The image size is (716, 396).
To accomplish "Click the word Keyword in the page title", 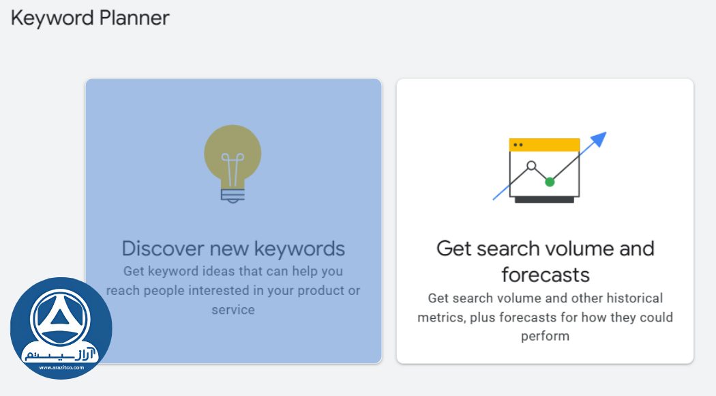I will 52,18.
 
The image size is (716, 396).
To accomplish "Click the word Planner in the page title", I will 134,18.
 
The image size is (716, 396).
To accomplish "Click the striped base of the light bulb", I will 233,195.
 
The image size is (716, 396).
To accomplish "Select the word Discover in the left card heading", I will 163,248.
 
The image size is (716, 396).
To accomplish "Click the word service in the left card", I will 233,309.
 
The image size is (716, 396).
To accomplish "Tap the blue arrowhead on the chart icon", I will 598,139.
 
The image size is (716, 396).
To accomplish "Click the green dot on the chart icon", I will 550,182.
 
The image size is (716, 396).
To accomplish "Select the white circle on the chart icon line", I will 531,165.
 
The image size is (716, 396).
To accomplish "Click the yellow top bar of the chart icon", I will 544,145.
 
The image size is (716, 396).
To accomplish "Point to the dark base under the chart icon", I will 544,200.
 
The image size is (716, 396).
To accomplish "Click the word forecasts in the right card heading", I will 545,274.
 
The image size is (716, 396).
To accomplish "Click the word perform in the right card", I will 545,336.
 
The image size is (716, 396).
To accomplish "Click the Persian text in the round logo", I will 61,354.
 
